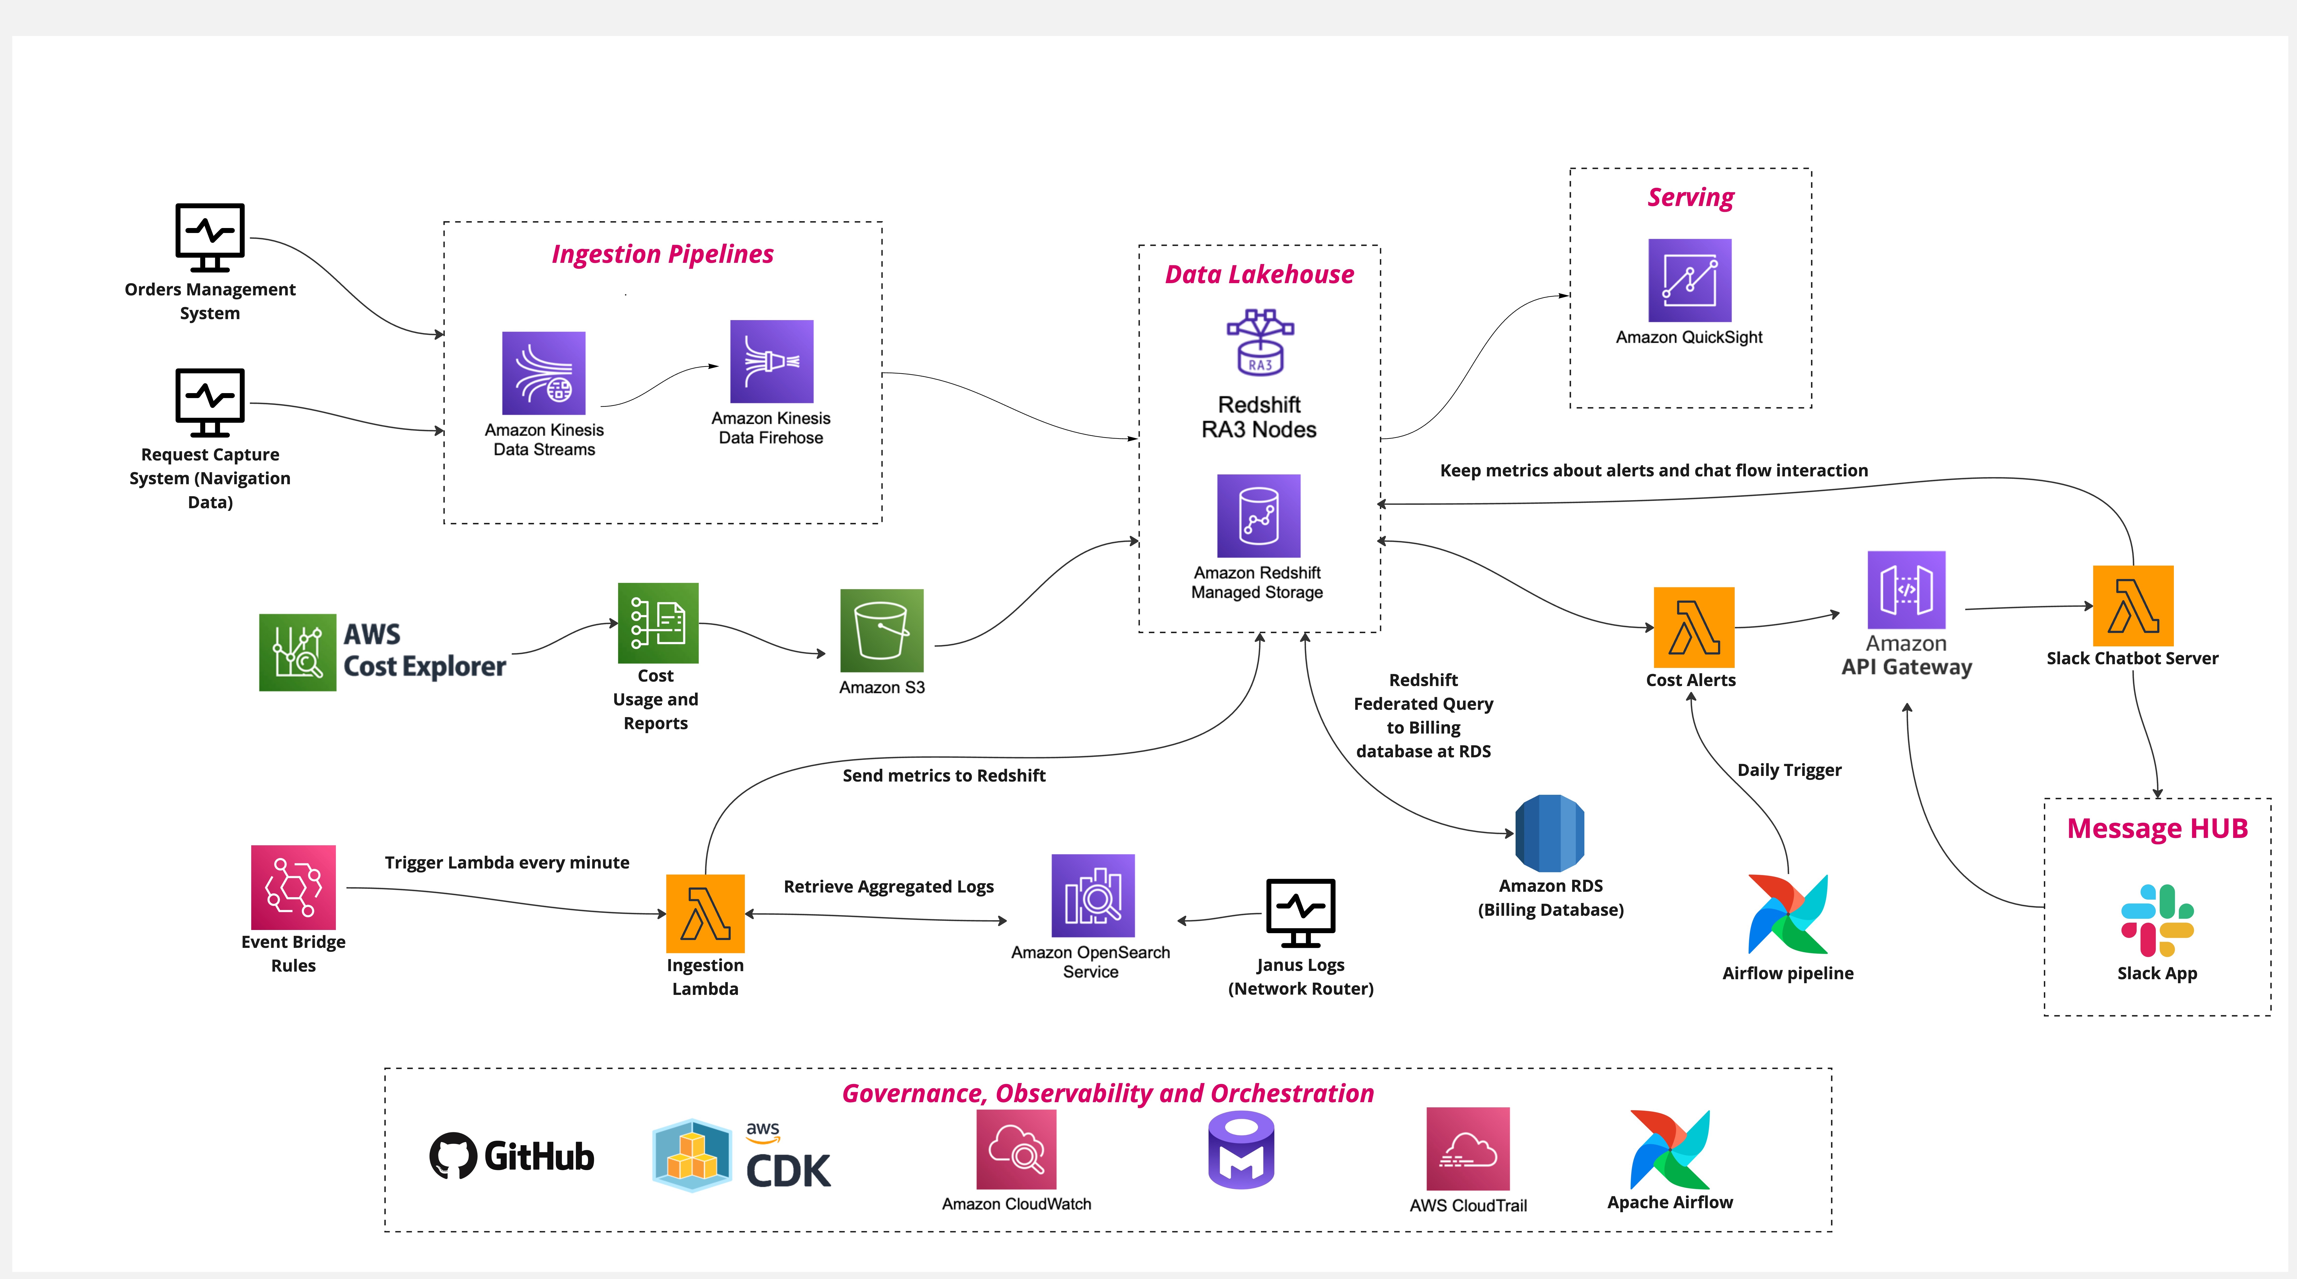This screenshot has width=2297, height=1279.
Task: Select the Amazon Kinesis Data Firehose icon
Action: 771,361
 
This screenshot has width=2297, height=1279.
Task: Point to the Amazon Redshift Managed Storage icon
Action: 1258,516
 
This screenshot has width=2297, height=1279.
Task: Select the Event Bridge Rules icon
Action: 293,887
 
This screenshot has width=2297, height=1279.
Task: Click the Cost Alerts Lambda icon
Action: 1693,627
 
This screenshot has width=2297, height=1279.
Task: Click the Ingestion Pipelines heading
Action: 662,254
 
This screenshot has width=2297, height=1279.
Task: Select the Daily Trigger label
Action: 1789,770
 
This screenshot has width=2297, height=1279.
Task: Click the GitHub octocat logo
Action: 453,1156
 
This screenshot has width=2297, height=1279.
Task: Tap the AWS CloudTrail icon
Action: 1468,1149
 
